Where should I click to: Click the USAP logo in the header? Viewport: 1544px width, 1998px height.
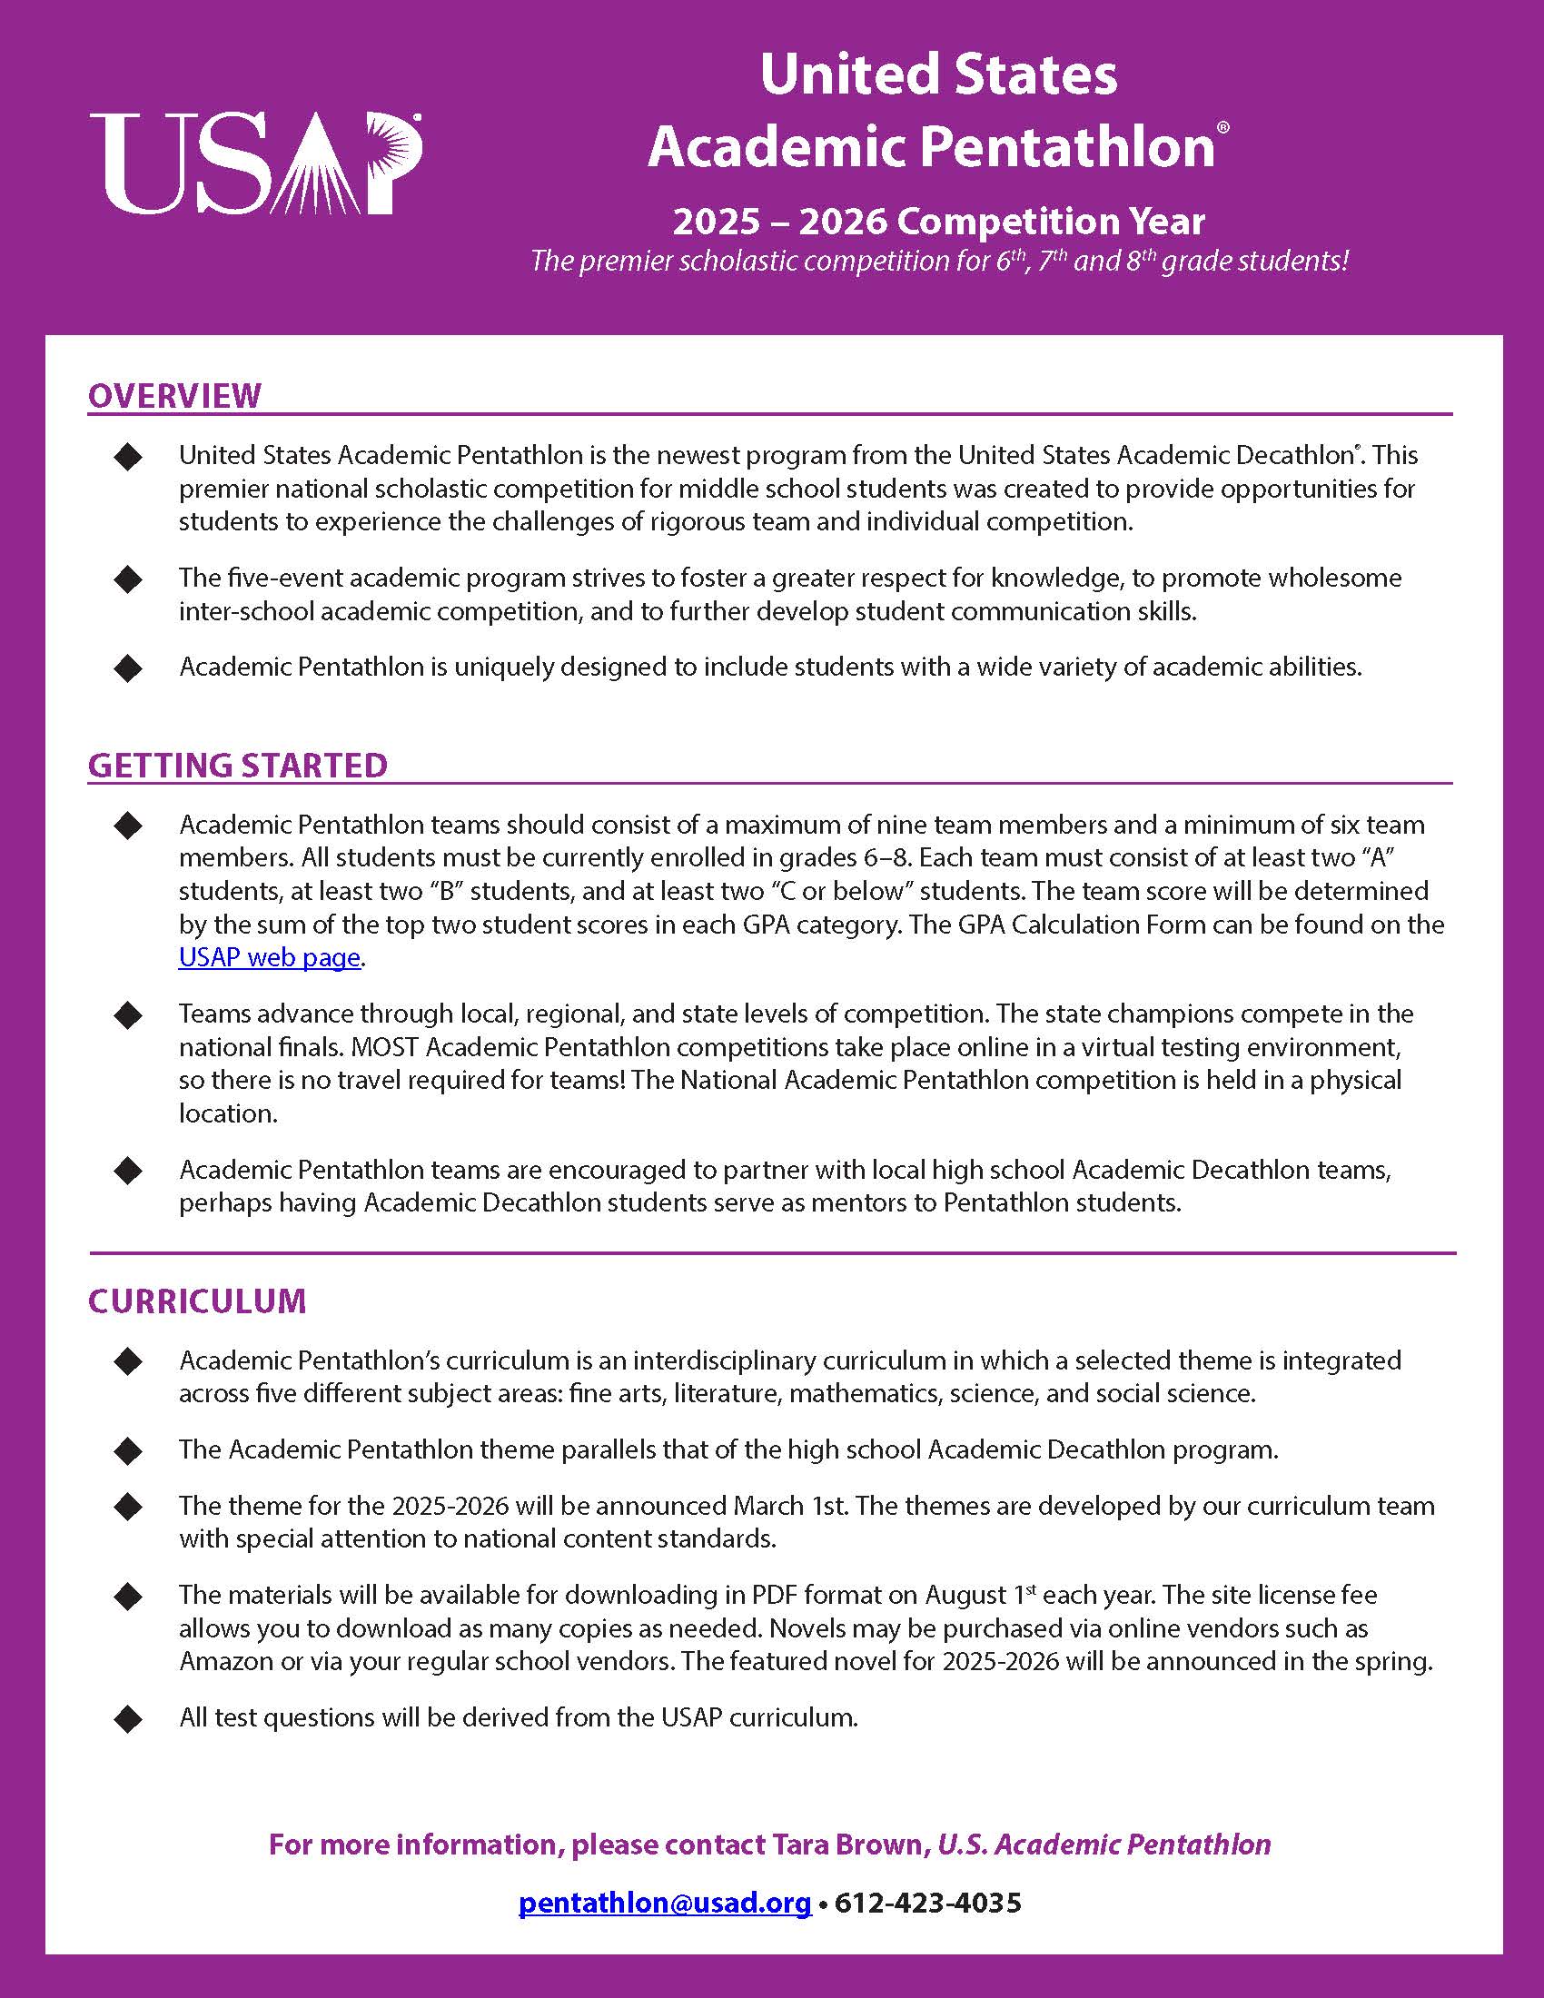tap(256, 163)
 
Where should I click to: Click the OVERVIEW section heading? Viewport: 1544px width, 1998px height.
tap(174, 395)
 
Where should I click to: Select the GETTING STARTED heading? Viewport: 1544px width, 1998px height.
tap(238, 765)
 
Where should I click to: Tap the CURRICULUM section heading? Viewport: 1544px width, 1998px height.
tap(198, 1301)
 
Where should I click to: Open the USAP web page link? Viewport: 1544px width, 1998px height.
tap(270, 957)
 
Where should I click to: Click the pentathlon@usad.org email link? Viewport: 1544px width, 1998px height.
tap(665, 1903)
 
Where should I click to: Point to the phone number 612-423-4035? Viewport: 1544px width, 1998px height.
tap(927, 1903)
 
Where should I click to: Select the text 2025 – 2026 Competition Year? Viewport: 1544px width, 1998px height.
tap(938, 222)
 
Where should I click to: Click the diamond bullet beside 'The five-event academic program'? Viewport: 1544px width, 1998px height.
tap(129, 579)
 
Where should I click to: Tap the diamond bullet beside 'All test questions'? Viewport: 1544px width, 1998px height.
tap(129, 1718)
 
